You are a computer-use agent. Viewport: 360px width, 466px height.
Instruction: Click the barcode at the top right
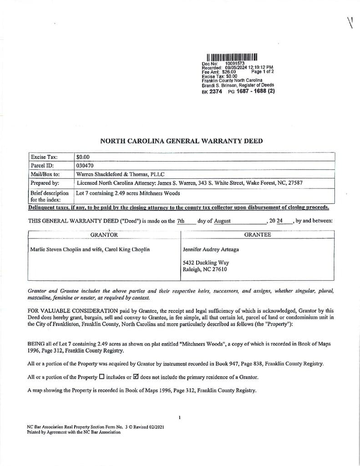pos(232,57)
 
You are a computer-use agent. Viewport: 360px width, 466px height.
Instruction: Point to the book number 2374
pos(216,91)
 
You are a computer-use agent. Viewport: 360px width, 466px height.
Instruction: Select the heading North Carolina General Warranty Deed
pos(181,141)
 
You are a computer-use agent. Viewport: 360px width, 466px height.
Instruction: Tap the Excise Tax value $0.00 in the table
pos(83,157)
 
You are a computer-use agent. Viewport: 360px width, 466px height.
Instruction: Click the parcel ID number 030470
pos(85,165)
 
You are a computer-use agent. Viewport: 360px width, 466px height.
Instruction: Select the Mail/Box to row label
pos(45,174)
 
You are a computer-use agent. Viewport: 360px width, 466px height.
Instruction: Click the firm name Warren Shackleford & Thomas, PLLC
pos(120,174)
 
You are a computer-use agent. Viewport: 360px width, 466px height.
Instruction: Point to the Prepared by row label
pos(45,183)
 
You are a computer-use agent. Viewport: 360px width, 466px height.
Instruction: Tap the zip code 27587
pos(294,183)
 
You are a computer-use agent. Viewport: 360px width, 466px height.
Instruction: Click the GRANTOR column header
pos(104,235)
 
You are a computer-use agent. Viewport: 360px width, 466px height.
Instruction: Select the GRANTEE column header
pos(257,235)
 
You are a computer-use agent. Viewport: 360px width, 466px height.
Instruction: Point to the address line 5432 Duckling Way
pos(206,263)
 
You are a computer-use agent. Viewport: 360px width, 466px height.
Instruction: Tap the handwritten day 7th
pos(181,221)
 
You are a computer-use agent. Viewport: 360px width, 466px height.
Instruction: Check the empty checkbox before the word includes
pos(101,377)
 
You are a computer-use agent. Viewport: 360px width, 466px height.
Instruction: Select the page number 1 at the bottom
pos(180,417)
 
